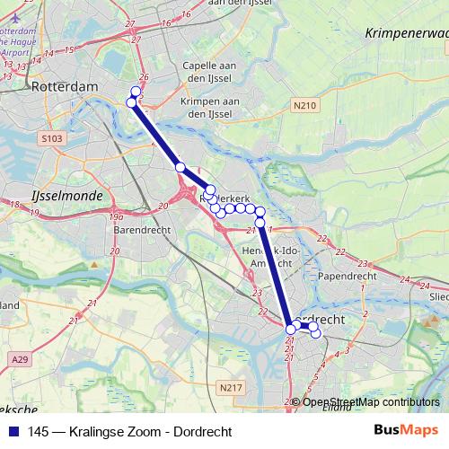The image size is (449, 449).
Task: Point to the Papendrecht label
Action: point(344,277)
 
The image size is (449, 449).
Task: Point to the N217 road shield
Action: point(230,387)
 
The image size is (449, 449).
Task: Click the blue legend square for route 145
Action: point(13,431)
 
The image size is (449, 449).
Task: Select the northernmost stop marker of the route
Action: point(136,91)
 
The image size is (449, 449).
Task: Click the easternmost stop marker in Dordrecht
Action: point(315,333)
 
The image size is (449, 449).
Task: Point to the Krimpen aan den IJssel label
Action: point(207,107)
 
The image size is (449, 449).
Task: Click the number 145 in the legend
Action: point(38,431)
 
